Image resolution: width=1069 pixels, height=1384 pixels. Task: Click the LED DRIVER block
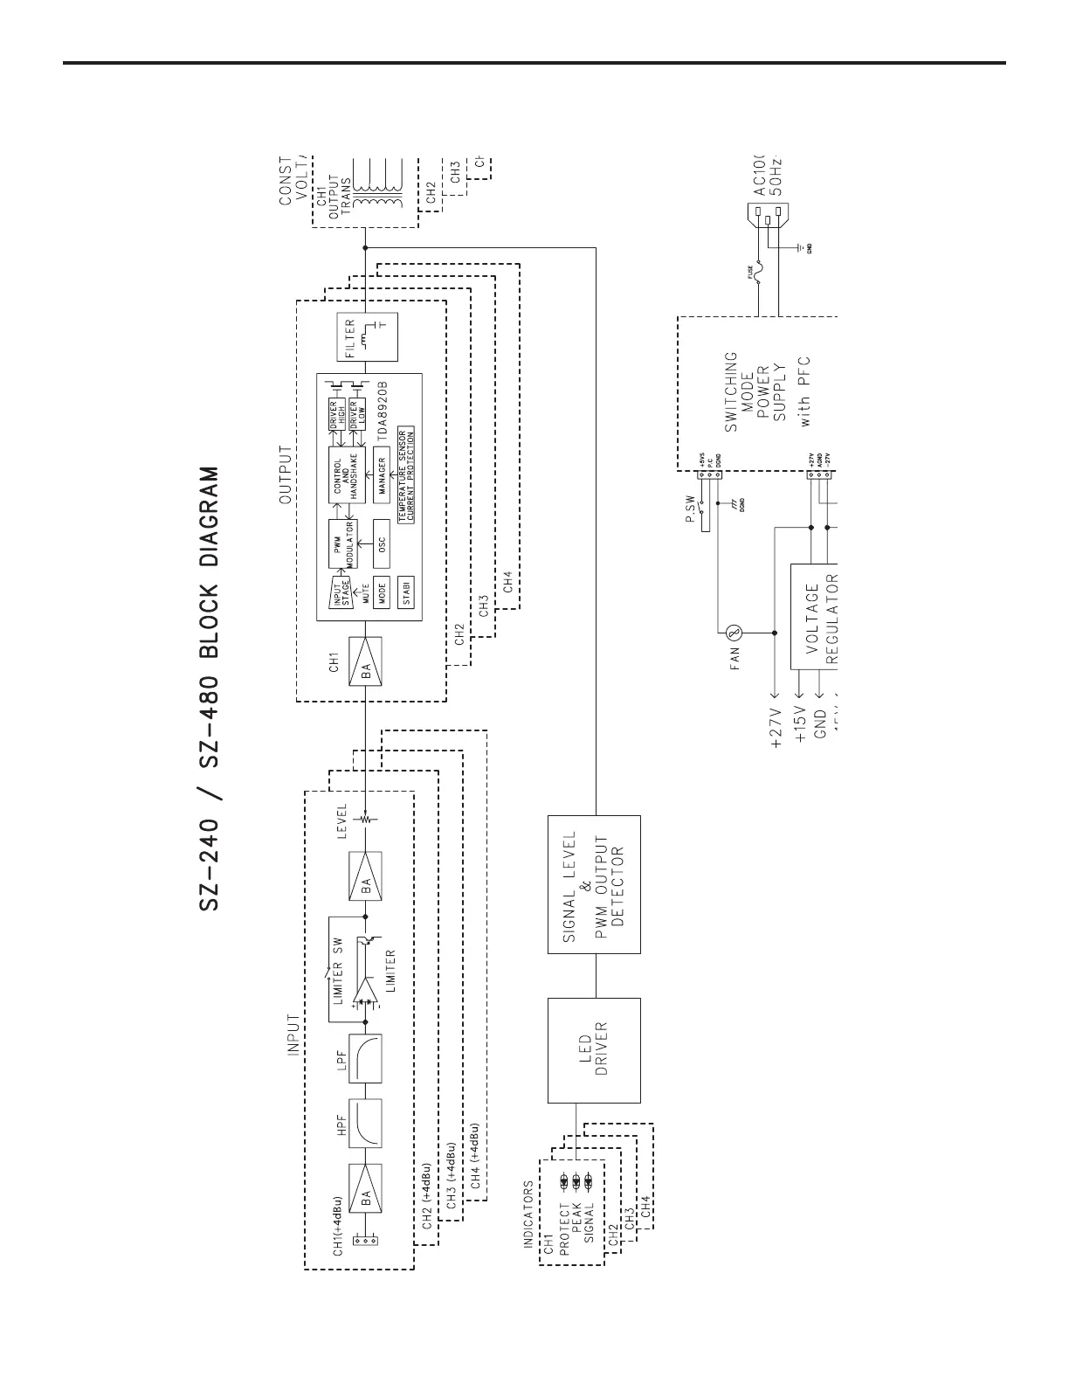594,1049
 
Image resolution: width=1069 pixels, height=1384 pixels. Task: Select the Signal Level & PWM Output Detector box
594,883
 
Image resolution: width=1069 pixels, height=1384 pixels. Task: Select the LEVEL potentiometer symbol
366,819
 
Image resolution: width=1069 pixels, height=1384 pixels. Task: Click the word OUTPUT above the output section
285,475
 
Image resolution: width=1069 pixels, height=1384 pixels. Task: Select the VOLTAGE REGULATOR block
814,617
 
